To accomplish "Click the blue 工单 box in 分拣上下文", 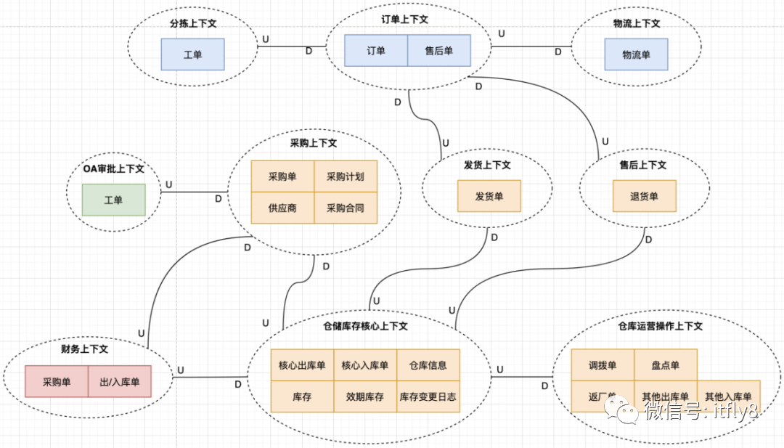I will coord(192,54).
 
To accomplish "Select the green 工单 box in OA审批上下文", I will coord(113,200).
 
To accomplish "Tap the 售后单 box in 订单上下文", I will coord(438,51).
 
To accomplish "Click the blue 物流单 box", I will coord(636,54).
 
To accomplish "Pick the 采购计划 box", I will coord(346,176).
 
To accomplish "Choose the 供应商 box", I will coord(282,208).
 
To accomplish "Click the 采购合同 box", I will coord(346,208).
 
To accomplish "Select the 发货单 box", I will coord(489,196).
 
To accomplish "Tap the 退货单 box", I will coord(644,196).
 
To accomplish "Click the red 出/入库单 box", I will coord(120,381).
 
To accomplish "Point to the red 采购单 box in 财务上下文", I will coord(57,381).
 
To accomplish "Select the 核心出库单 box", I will coord(302,365).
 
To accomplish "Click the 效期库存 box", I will coord(365,397).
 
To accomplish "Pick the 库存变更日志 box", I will coord(428,397).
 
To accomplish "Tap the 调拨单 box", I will coord(603,365).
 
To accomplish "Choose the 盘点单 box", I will coord(666,365).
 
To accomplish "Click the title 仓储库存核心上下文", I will coord(365,327).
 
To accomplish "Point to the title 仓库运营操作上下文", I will coord(660,327).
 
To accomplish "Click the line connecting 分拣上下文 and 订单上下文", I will coord(290,46).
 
